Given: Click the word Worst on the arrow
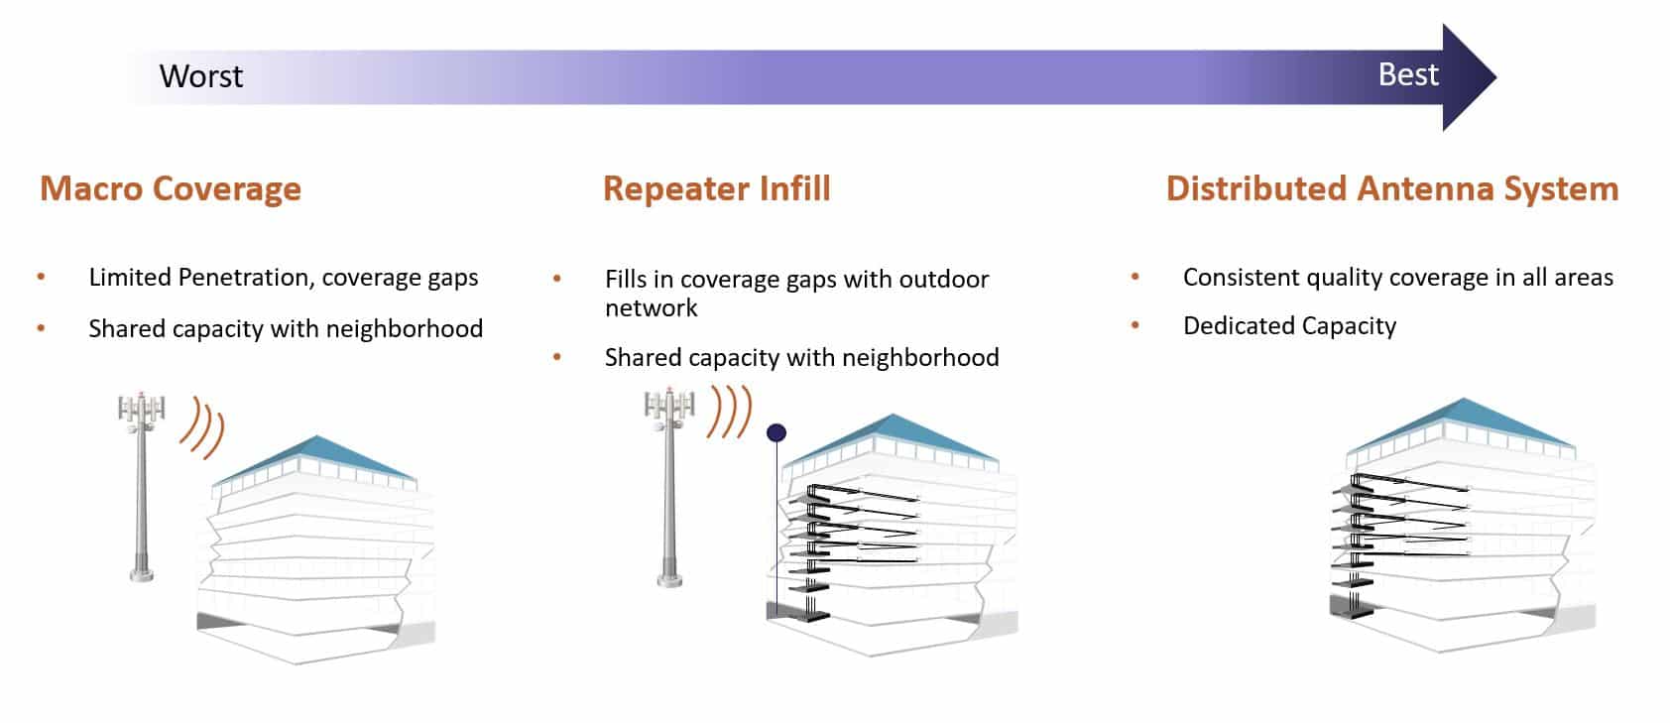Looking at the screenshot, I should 201,76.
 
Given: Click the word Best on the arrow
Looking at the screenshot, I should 1408,74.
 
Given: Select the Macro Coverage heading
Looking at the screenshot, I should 171,188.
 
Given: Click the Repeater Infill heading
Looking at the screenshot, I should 716,188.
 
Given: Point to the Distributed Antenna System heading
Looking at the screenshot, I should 1391,188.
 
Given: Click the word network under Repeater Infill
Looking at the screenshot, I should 651,308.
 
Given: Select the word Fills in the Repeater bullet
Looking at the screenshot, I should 627,280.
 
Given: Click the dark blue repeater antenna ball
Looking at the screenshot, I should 776,433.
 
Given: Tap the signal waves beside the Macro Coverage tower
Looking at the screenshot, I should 203,427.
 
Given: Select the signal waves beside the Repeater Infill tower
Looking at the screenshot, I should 730,412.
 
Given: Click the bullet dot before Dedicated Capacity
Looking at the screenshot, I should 1135,325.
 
